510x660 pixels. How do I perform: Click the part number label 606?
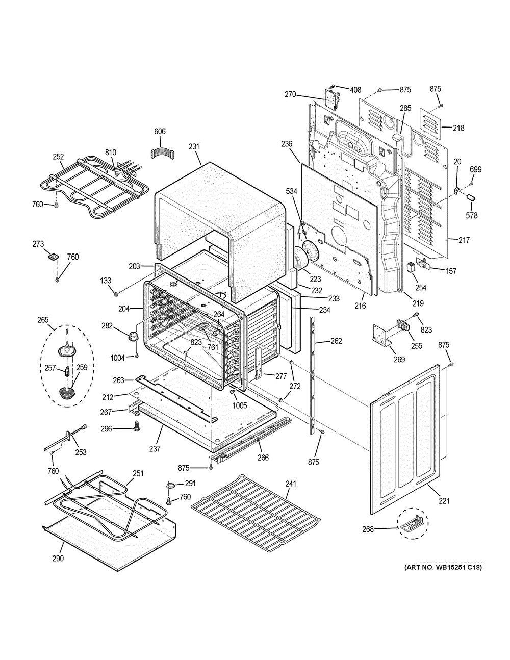[160, 132]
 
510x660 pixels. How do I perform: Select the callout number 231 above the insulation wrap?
[194, 147]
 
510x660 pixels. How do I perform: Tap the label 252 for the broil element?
[58, 157]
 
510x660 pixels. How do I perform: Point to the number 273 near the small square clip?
[38, 244]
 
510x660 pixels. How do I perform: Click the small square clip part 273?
[53, 257]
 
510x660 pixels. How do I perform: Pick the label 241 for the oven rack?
[291, 484]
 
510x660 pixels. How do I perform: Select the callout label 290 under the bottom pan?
[58, 559]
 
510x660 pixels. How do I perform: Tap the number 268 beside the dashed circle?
[368, 529]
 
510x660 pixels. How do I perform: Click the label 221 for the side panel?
[444, 501]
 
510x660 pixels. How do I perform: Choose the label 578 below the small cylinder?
[472, 216]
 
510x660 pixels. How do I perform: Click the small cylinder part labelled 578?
[471, 198]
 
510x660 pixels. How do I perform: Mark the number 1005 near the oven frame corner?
[240, 405]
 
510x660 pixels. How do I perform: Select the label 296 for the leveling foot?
[106, 429]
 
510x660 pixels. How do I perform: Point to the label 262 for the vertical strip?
[337, 341]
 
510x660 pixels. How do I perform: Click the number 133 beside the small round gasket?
[106, 281]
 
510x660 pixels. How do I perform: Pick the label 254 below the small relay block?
[421, 287]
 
